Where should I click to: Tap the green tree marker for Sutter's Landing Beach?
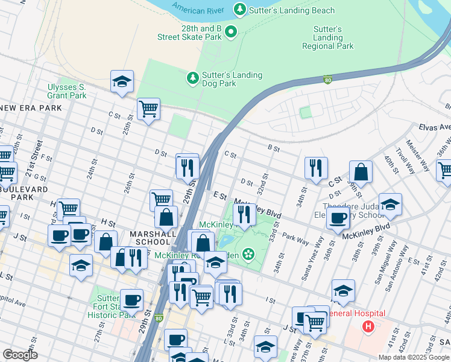(240, 9)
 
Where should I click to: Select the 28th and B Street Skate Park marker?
(230, 31)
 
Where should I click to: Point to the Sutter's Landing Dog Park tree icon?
(192, 77)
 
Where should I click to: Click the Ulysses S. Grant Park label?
(67, 91)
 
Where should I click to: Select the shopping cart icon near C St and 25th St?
(148, 109)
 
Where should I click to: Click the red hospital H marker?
(368, 326)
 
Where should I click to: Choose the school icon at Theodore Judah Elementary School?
(390, 204)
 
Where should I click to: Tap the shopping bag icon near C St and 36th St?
(361, 172)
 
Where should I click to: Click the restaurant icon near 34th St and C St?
(316, 168)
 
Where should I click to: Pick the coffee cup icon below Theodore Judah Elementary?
(338, 218)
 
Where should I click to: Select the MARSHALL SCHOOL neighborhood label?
(152, 238)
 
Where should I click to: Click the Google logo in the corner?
(20, 355)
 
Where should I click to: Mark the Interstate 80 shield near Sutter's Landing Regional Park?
(327, 79)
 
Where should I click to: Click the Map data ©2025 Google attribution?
(413, 357)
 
